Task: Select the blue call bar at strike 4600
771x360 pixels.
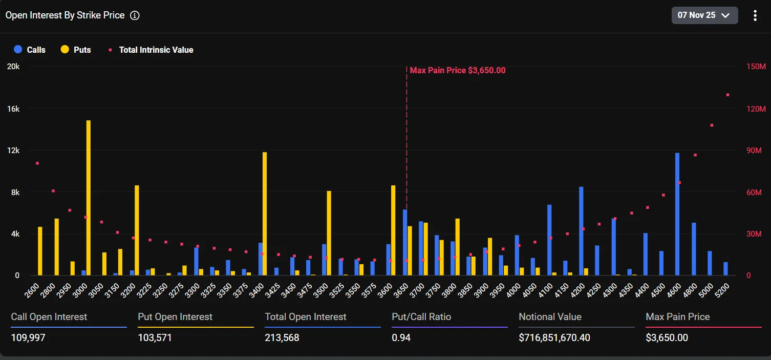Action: click(677, 214)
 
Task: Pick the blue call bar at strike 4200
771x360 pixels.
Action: click(581, 231)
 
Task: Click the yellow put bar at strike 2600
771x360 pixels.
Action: click(40, 251)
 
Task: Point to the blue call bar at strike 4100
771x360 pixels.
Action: click(549, 240)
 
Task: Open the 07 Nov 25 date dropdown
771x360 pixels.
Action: click(704, 15)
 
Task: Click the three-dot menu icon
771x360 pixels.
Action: click(755, 15)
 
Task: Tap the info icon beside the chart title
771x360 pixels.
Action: click(135, 15)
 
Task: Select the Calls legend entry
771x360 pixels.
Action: click(30, 50)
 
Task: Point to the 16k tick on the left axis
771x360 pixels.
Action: click(13, 109)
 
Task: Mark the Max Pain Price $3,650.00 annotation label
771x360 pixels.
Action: click(458, 70)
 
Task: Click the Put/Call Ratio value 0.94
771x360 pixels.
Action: click(401, 338)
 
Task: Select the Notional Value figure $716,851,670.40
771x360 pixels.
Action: click(562, 338)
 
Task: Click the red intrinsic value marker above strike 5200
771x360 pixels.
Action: click(727, 95)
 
